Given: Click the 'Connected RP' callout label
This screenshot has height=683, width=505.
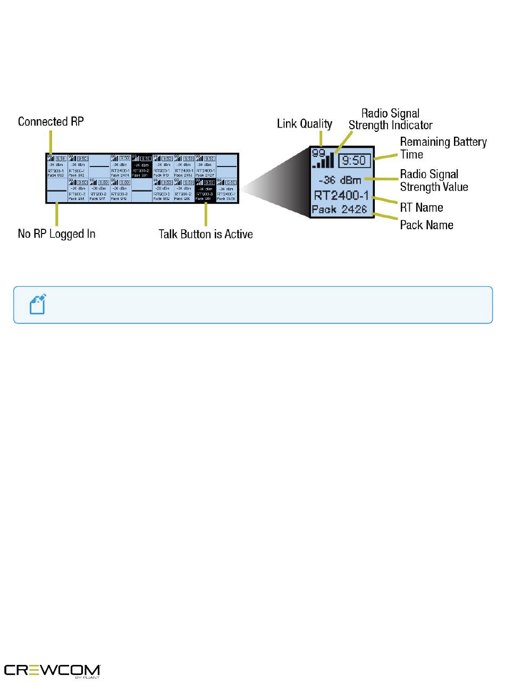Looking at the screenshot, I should (x=51, y=122).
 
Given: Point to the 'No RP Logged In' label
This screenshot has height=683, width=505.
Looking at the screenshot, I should (x=57, y=234).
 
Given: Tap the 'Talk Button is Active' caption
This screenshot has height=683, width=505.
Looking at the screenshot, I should (x=205, y=234).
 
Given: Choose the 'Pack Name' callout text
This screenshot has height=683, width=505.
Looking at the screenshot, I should (x=426, y=224).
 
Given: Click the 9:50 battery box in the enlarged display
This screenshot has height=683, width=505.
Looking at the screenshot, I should (x=353, y=159).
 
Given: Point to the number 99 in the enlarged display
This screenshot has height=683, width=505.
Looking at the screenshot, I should (x=318, y=153).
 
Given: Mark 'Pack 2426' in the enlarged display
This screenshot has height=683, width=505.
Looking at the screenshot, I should (x=340, y=209).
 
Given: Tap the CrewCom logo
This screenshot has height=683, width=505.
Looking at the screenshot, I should (x=53, y=671).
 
